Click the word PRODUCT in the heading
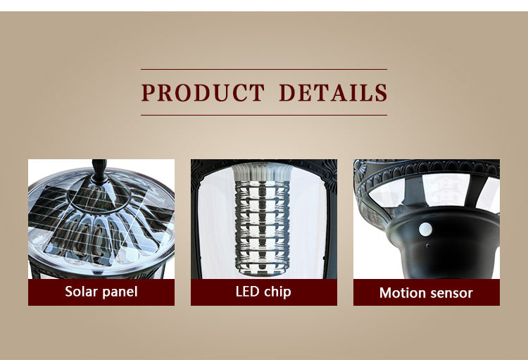(x=203, y=93)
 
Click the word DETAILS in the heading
(x=334, y=93)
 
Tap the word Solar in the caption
(x=81, y=291)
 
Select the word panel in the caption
(x=120, y=292)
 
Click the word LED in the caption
(x=247, y=292)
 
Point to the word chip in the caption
(x=277, y=292)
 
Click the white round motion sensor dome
(x=426, y=229)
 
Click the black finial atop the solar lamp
(x=99, y=171)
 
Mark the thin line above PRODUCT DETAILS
(x=264, y=70)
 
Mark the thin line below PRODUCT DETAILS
(x=264, y=116)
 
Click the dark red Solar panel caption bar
(x=101, y=292)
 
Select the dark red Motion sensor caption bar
(x=427, y=292)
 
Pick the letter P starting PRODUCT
(x=148, y=93)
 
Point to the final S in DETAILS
(x=381, y=93)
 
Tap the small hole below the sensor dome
(x=427, y=245)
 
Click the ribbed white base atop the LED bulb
(x=262, y=172)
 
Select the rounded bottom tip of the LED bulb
(x=262, y=274)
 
